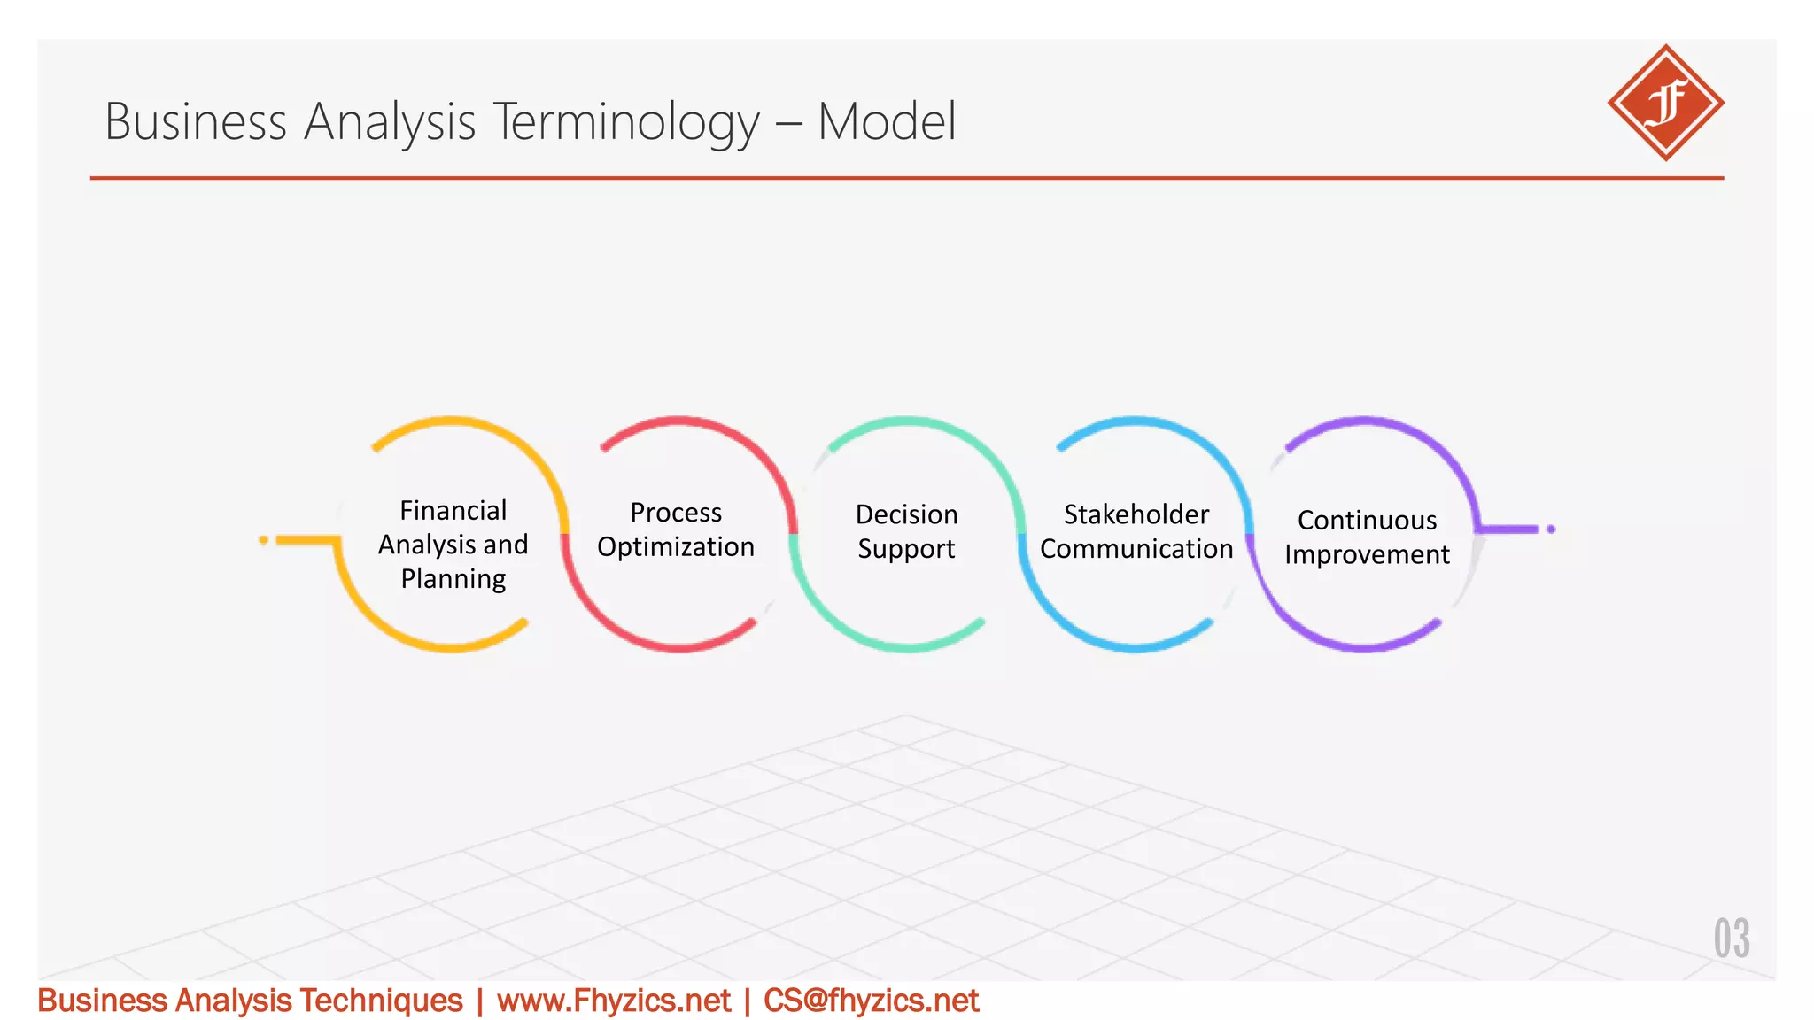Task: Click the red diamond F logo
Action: (1665, 103)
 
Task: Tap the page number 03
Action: (1731, 939)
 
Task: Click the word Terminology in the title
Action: (625, 121)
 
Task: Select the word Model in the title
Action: (887, 121)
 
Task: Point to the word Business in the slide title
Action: (196, 121)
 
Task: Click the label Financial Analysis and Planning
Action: (453, 544)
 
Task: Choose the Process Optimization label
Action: (676, 529)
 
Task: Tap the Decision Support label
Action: (906, 531)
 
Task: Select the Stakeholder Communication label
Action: (1136, 531)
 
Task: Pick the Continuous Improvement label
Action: (1367, 537)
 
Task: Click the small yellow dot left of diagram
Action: (263, 539)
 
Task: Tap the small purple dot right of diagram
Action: (1551, 529)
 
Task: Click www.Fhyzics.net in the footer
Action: (613, 1001)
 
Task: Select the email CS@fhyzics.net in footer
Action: (871, 1001)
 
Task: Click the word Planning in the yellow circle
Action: (453, 579)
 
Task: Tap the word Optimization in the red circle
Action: (676, 547)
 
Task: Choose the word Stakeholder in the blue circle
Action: (1136, 514)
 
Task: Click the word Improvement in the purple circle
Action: (1367, 554)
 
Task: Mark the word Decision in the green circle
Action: (906, 514)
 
